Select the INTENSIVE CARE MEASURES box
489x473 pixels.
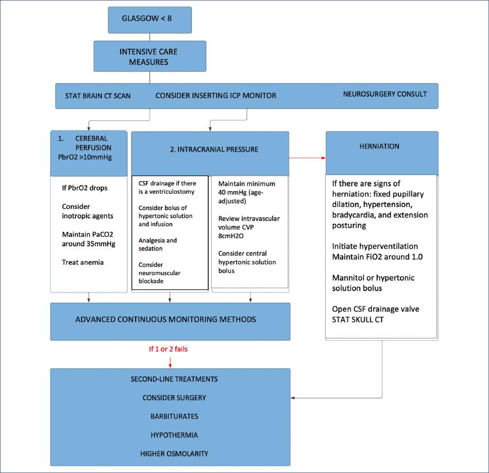tap(150, 56)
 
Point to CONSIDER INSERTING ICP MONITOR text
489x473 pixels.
tap(216, 96)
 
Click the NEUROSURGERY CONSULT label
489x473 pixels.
tap(385, 94)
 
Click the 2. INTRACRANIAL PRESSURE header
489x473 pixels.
tap(210, 149)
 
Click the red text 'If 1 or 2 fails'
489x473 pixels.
tap(168, 349)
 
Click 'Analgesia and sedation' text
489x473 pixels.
tap(157, 244)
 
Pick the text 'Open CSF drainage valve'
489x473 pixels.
tap(375, 309)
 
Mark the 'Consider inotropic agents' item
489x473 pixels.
tap(87, 211)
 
